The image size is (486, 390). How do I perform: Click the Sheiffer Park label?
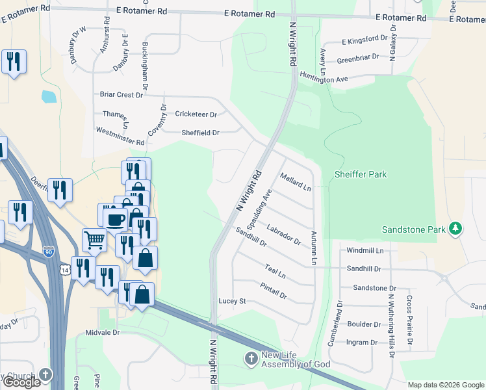click(x=360, y=174)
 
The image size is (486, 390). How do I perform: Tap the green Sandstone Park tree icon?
click(x=456, y=228)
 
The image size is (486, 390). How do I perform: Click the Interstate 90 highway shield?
click(x=49, y=252)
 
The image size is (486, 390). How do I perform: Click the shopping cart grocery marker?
click(x=94, y=240)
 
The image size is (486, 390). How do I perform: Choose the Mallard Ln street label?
click(x=296, y=181)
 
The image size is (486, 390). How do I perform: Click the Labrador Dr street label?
click(x=284, y=234)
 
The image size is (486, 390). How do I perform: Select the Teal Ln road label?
click(x=275, y=271)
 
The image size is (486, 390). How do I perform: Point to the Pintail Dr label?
click(x=274, y=290)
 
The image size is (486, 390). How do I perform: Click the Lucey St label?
click(x=232, y=301)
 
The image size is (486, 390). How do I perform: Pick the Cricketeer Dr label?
click(x=196, y=114)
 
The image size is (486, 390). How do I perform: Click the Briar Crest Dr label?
click(x=121, y=94)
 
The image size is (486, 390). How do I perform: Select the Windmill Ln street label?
click(x=365, y=250)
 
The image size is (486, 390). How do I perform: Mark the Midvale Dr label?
click(x=103, y=332)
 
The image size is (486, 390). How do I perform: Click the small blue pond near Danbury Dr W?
click(x=48, y=97)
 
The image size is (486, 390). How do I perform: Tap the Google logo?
click(x=21, y=382)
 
